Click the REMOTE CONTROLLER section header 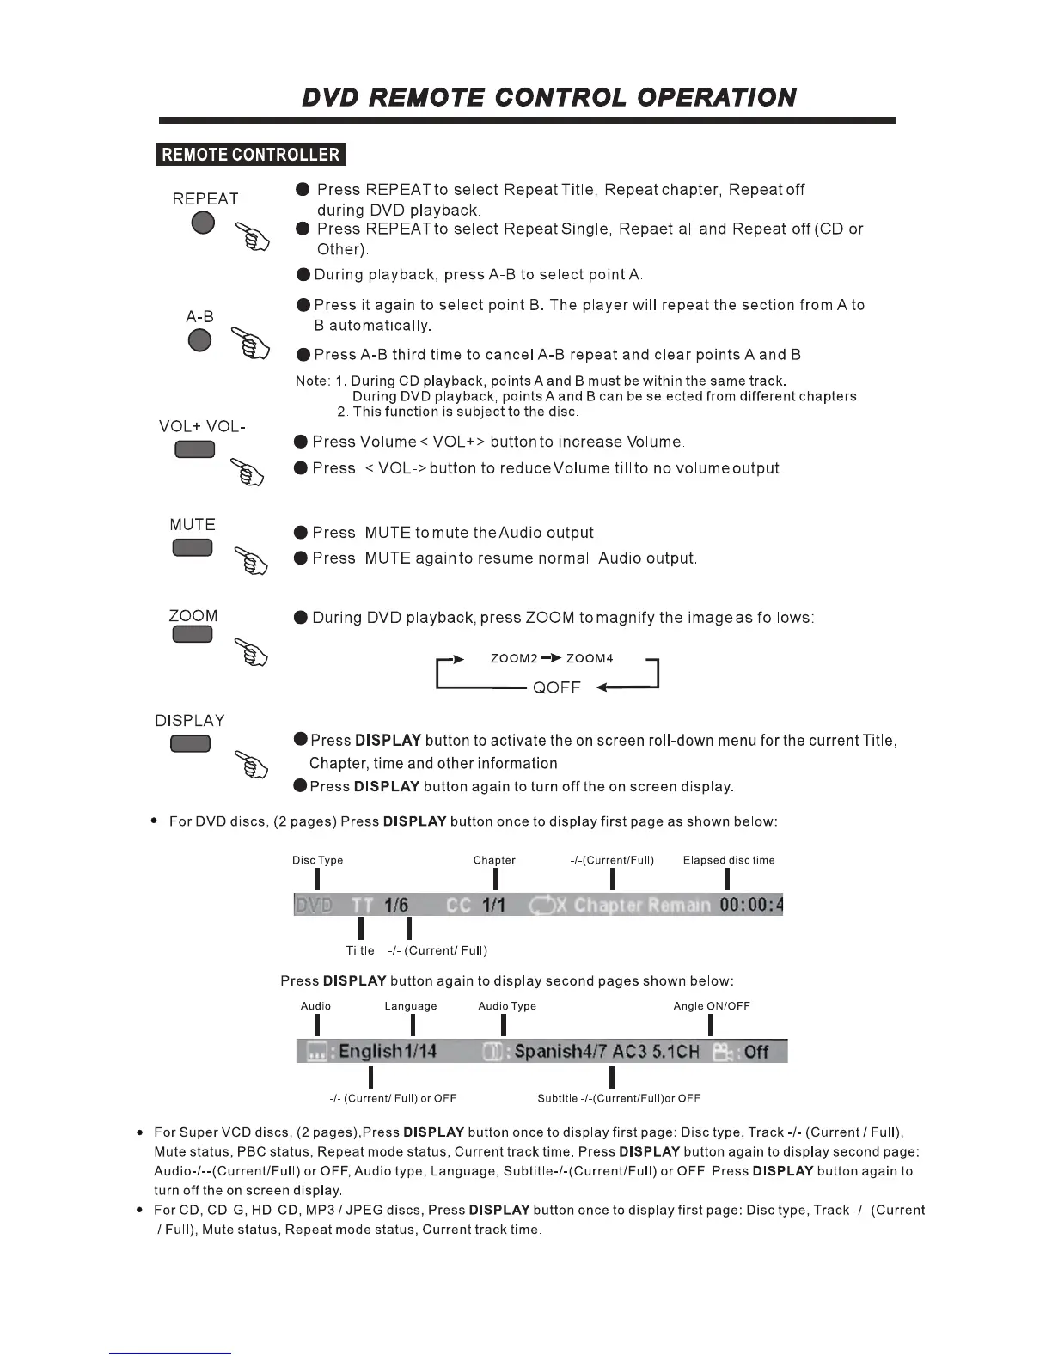(251, 155)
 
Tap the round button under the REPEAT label (203, 223)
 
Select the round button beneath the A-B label (199, 340)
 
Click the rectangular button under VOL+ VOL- (195, 450)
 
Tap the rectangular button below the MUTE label (193, 547)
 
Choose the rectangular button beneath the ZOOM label (193, 635)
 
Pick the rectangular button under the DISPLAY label (190, 744)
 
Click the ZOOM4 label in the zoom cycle (590, 659)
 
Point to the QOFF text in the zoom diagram (557, 688)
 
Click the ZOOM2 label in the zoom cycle (514, 659)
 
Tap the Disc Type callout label (317, 860)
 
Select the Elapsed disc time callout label (729, 860)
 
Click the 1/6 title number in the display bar (396, 906)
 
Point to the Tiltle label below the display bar (360, 950)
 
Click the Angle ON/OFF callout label (712, 1006)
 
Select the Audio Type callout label (507, 1006)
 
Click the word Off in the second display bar (756, 1052)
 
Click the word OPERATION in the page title (717, 97)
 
